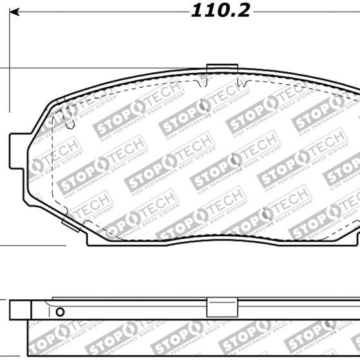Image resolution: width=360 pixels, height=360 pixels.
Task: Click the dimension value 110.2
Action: (x=220, y=11)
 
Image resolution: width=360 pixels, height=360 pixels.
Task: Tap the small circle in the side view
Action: (x=60, y=312)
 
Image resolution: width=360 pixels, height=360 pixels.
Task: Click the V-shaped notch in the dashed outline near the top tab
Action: (x=240, y=83)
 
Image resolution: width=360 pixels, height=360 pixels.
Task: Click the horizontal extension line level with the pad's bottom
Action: (x=32, y=245)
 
